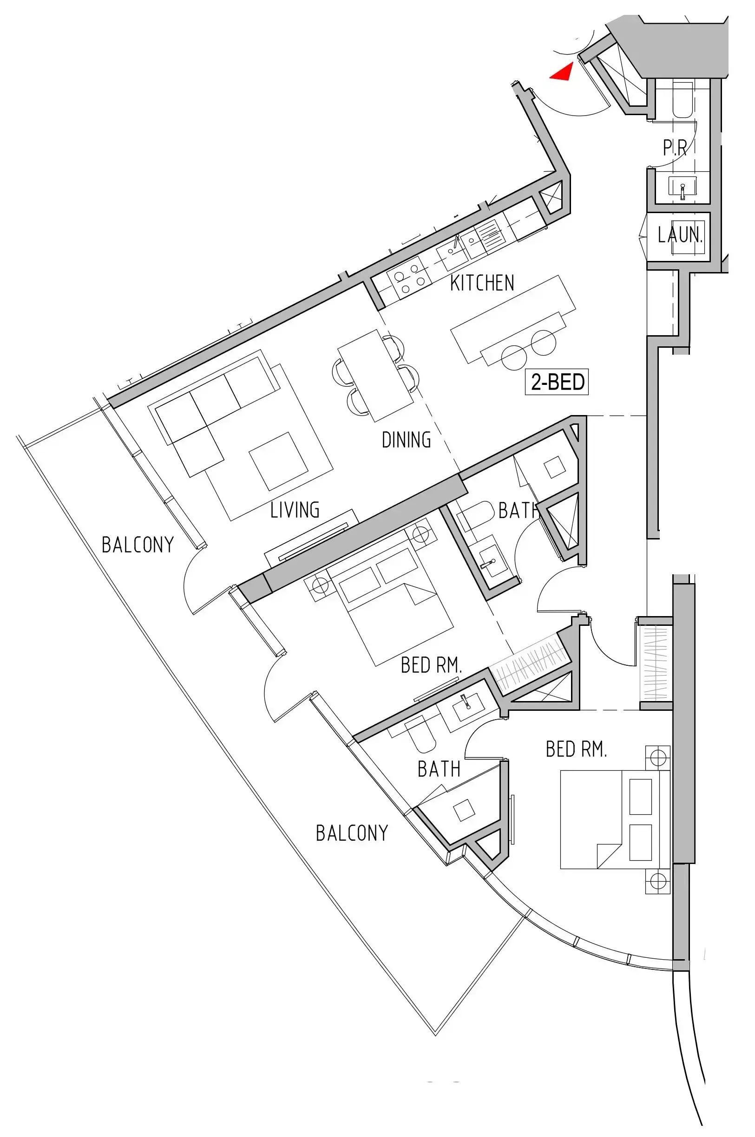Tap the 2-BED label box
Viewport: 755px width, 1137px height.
coord(557,382)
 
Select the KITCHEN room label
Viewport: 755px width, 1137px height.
coord(482,283)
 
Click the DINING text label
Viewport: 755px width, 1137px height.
coord(406,440)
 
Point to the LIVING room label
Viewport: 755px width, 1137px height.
coord(295,510)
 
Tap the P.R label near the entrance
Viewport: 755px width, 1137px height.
coord(675,147)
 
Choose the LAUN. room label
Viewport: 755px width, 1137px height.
coord(680,235)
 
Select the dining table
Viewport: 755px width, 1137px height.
coord(376,376)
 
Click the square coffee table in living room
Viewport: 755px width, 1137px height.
coord(279,461)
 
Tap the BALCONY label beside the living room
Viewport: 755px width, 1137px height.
coord(138,545)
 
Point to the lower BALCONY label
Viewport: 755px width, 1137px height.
coord(352,833)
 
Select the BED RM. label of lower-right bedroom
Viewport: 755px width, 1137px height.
coord(576,749)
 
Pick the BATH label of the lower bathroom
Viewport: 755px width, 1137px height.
coord(439,769)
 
